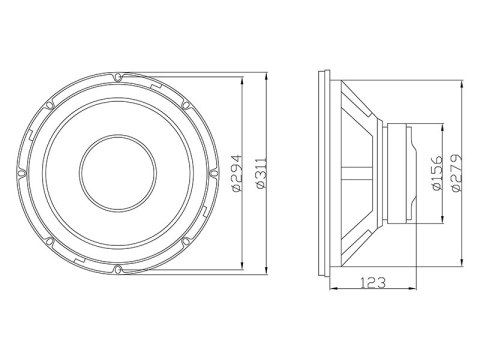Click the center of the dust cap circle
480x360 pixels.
point(118,171)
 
